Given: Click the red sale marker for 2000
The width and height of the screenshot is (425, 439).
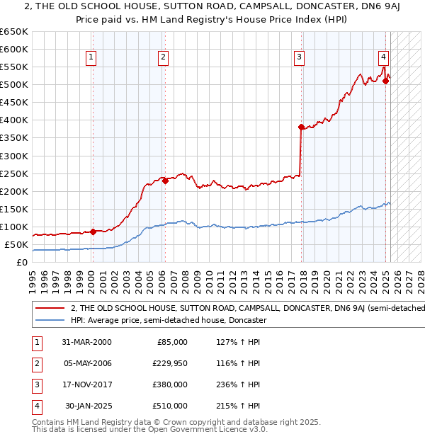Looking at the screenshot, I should pyautogui.click(x=93, y=232).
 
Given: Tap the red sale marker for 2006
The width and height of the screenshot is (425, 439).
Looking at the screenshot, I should pyautogui.click(x=165, y=181).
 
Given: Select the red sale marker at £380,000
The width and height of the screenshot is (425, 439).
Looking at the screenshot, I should pyautogui.click(x=301, y=127).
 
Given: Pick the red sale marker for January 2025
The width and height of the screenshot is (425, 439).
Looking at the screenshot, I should pyautogui.click(x=385, y=81).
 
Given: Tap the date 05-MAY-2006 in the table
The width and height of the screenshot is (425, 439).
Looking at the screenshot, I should pyautogui.click(x=86, y=363).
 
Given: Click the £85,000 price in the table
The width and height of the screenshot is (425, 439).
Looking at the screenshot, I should pyautogui.click(x=171, y=342).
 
